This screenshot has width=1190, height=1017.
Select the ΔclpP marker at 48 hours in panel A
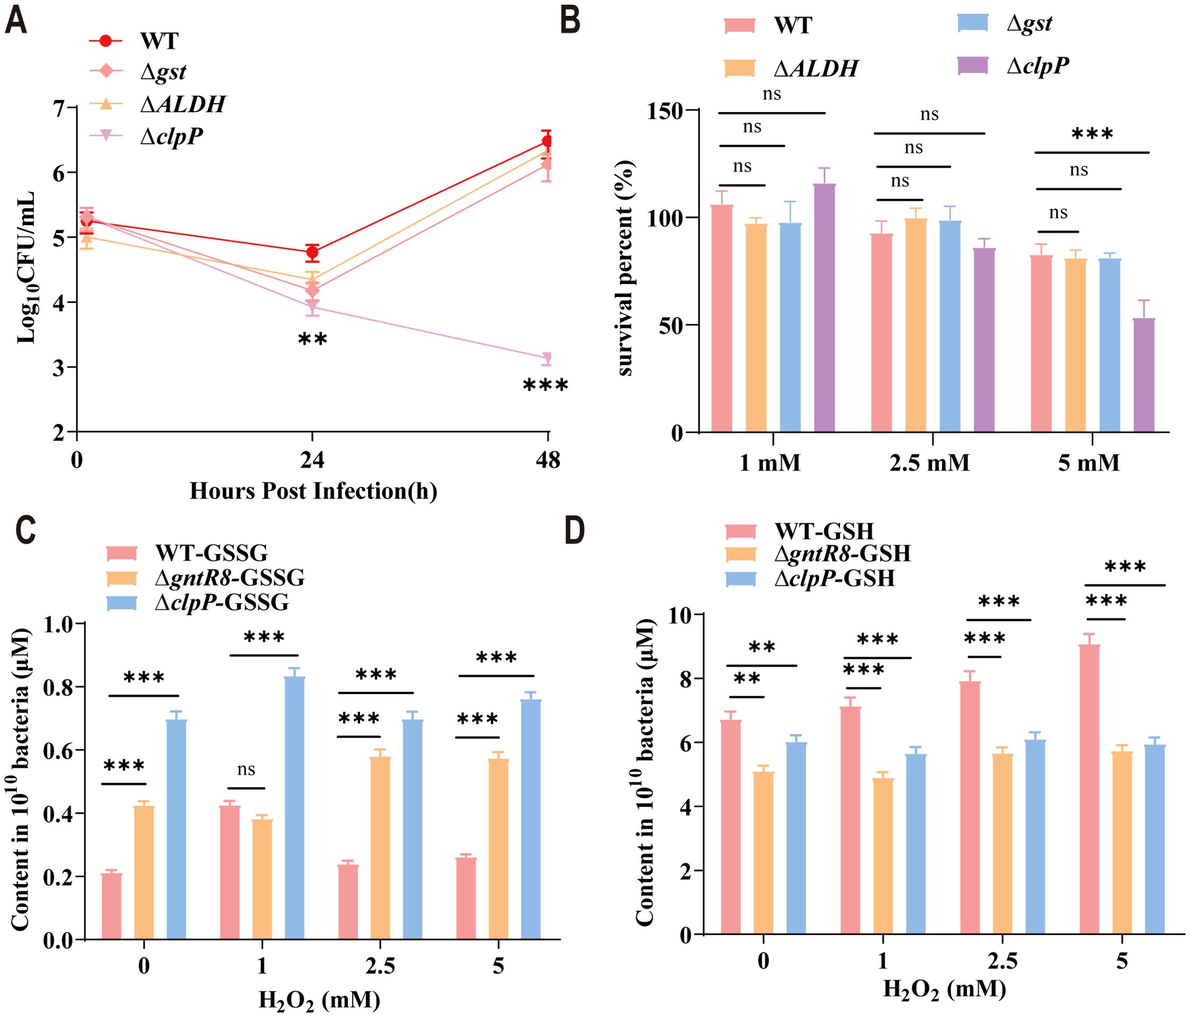coord(547,358)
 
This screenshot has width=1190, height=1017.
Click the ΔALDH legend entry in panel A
coord(183,104)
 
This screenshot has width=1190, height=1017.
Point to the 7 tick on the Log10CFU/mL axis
coord(59,108)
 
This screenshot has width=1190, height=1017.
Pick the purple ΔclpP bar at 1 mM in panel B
coord(824,308)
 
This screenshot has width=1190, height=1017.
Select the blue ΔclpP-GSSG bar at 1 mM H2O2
coord(295,807)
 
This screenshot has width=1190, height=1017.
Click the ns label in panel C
coord(246,769)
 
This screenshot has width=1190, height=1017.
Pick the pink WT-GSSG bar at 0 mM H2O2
coord(112,906)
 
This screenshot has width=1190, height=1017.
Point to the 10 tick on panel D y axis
coord(679,615)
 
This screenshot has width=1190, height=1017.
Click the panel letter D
coord(575,531)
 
